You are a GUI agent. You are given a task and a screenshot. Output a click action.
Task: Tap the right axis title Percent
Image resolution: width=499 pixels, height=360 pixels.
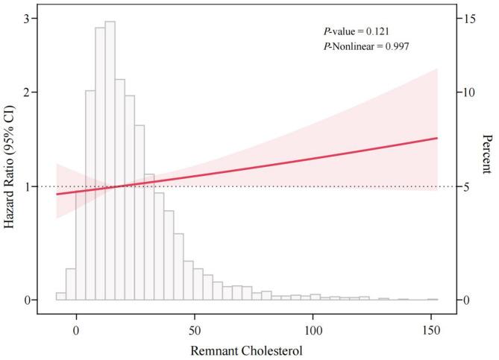click(486, 154)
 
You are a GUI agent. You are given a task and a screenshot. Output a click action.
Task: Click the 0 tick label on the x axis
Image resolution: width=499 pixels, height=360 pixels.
click(76, 329)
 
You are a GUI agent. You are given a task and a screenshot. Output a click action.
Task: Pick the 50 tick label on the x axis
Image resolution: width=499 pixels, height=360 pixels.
click(195, 329)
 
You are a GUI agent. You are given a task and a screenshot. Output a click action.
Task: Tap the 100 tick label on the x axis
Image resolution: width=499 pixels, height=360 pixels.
click(313, 329)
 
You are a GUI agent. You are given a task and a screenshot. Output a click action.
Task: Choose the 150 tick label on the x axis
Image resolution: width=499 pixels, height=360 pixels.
click(431, 329)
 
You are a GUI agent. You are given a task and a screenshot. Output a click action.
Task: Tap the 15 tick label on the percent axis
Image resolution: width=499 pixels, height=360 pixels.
click(465, 18)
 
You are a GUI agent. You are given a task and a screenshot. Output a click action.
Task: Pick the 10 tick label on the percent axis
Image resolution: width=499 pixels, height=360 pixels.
click(465, 92)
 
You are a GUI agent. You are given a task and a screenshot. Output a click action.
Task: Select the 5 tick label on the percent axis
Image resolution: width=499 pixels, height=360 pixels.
click(465, 186)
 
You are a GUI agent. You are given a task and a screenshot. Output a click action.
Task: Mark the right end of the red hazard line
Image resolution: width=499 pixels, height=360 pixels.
click(436, 138)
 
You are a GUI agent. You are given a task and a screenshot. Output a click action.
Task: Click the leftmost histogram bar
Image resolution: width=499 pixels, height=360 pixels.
click(61, 296)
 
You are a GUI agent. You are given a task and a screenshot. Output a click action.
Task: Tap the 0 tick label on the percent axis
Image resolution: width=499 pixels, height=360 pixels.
click(465, 300)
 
